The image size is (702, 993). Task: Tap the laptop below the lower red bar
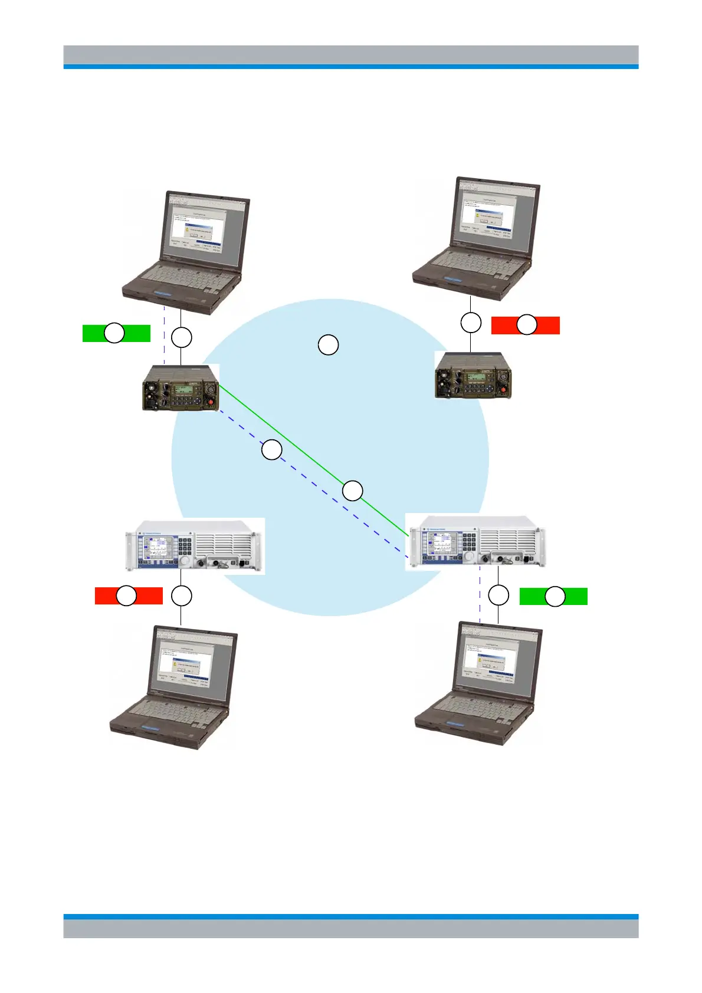click(x=174, y=687)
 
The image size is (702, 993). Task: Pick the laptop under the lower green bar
click(x=478, y=684)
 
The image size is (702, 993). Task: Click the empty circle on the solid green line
click(x=353, y=491)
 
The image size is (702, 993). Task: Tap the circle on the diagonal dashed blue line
click(x=271, y=451)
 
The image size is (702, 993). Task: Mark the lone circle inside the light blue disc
click(x=328, y=344)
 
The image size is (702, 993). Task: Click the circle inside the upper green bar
click(x=114, y=333)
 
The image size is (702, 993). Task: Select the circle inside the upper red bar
click(x=527, y=325)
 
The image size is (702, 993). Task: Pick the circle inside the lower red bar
click(x=126, y=596)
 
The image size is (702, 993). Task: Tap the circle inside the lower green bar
click(x=555, y=597)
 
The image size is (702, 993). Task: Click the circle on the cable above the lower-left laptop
click(x=181, y=596)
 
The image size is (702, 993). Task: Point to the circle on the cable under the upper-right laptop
click(x=471, y=323)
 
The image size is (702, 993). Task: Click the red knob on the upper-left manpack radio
click(x=211, y=402)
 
